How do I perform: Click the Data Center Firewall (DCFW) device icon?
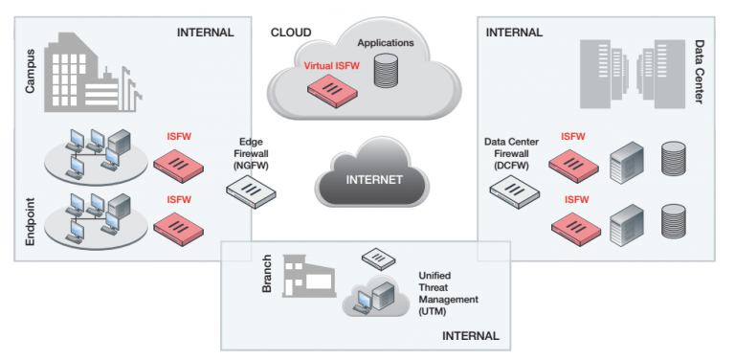pyautogui.click(x=514, y=191)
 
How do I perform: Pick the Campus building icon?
pyautogui.click(x=92, y=73)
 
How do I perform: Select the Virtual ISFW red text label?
pyautogui.click(x=332, y=66)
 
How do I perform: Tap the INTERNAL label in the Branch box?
pyautogui.click(x=470, y=336)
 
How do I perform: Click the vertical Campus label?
pyautogui.click(x=30, y=71)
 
